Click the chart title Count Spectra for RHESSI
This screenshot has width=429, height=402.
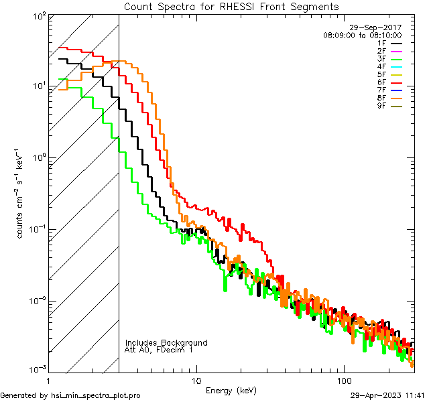click(x=231, y=7)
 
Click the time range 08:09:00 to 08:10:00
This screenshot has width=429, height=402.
click(x=362, y=35)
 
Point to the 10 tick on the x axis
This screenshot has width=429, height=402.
click(x=196, y=380)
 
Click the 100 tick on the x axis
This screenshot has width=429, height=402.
click(x=343, y=380)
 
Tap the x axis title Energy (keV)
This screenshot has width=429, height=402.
click(x=231, y=390)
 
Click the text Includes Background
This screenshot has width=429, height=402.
click(x=166, y=342)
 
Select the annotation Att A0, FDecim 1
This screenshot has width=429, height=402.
click(x=158, y=350)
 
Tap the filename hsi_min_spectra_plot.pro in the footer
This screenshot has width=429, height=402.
click(x=96, y=395)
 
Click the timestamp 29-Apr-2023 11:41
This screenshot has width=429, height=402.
click(x=388, y=395)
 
